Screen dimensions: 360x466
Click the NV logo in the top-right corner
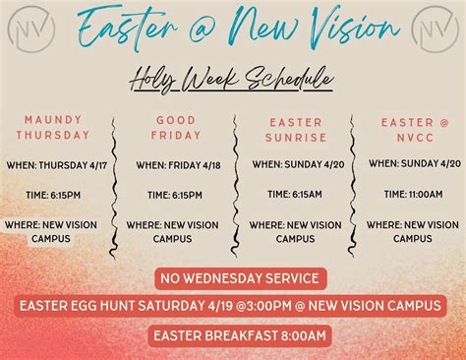(x=433, y=29)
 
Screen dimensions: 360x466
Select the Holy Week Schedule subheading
(x=232, y=80)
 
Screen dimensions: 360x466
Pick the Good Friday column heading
(x=177, y=128)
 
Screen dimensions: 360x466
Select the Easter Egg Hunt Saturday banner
(x=232, y=306)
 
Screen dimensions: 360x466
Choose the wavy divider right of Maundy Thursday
(x=115, y=182)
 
